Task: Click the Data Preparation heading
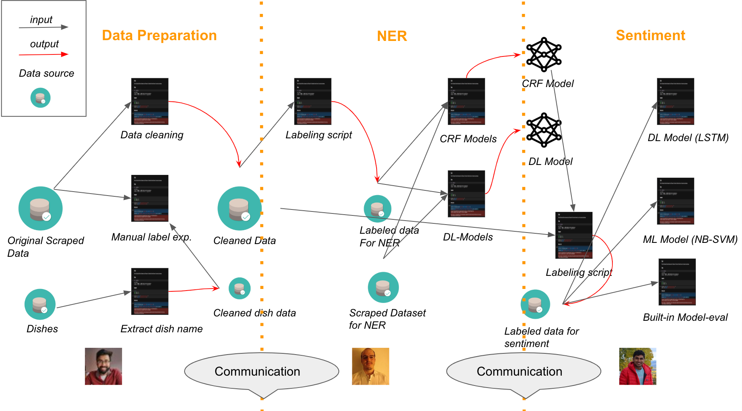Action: (159, 35)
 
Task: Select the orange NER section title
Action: (392, 36)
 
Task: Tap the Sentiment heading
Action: (650, 35)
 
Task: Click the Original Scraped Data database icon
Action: (41, 208)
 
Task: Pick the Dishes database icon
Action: (40, 304)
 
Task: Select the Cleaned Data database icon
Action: (239, 208)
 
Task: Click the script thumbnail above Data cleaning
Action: (150, 101)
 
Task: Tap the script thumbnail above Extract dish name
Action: (150, 291)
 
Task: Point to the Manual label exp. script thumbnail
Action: (150, 198)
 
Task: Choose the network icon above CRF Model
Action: (544, 54)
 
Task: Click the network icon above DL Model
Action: (544, 130)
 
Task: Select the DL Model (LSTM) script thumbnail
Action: (676, 101)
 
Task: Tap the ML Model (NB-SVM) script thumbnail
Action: (676, 201)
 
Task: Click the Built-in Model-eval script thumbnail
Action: (677, 282)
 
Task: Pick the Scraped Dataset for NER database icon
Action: (383, 287)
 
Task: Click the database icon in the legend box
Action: (41, 98)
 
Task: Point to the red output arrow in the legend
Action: (44, 54)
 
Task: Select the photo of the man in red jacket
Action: (637, 366)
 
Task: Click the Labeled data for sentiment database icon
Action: (535, 304)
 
